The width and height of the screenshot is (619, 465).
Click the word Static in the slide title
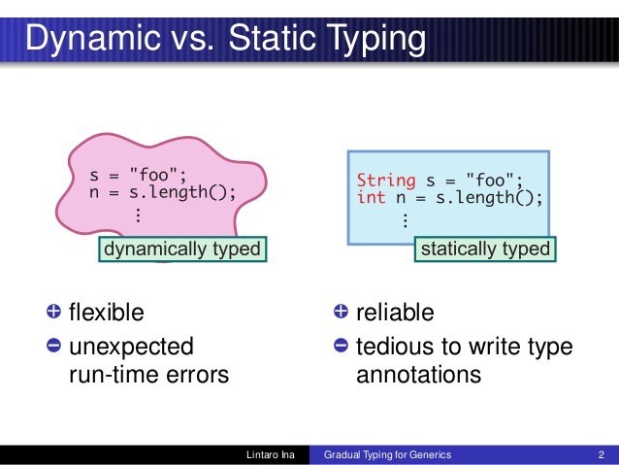click(x=272, y=40)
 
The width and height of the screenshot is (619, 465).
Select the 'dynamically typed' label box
click(x=182, y=249)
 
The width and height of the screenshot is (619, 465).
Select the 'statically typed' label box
click(x=485, y=249)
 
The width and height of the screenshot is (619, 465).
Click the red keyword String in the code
click(x=385, y=181)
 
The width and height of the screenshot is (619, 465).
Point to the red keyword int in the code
click(x=371, y=197)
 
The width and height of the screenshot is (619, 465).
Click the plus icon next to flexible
click(x=53, y=312)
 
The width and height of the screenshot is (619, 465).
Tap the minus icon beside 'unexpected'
click(x=53, y=346)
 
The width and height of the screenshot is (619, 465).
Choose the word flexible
click(x=106, y=313)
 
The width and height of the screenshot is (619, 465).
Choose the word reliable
click(x=395, y=313)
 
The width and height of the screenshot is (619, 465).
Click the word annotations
click(x=418, y=374)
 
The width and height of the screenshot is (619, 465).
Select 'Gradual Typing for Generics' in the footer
click(x=387, y=454)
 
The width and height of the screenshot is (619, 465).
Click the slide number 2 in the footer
click(x=602, y=454)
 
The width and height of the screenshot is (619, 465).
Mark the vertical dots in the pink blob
click(x=138, y=215)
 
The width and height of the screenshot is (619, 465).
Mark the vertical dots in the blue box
click(x=405, y=220)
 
